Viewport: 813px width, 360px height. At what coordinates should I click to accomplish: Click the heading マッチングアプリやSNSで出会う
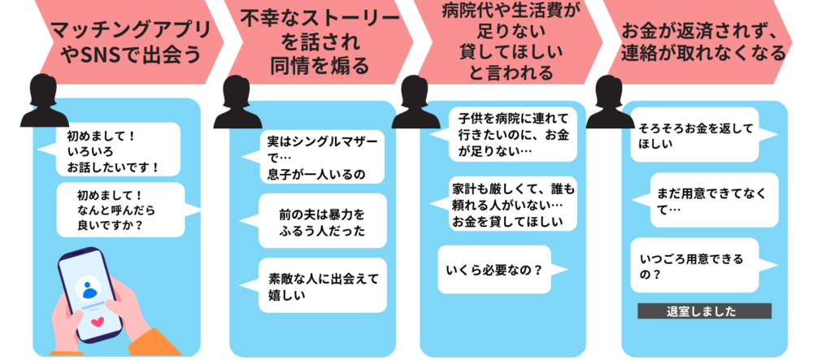coord(131,42)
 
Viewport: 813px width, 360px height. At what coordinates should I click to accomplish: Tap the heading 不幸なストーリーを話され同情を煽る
coord(320,42)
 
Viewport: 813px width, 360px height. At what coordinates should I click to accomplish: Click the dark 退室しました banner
coord(704,310)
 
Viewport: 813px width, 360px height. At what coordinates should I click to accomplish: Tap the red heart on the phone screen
coord(97,323)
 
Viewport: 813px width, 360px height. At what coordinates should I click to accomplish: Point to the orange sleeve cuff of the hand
coord(154,342)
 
